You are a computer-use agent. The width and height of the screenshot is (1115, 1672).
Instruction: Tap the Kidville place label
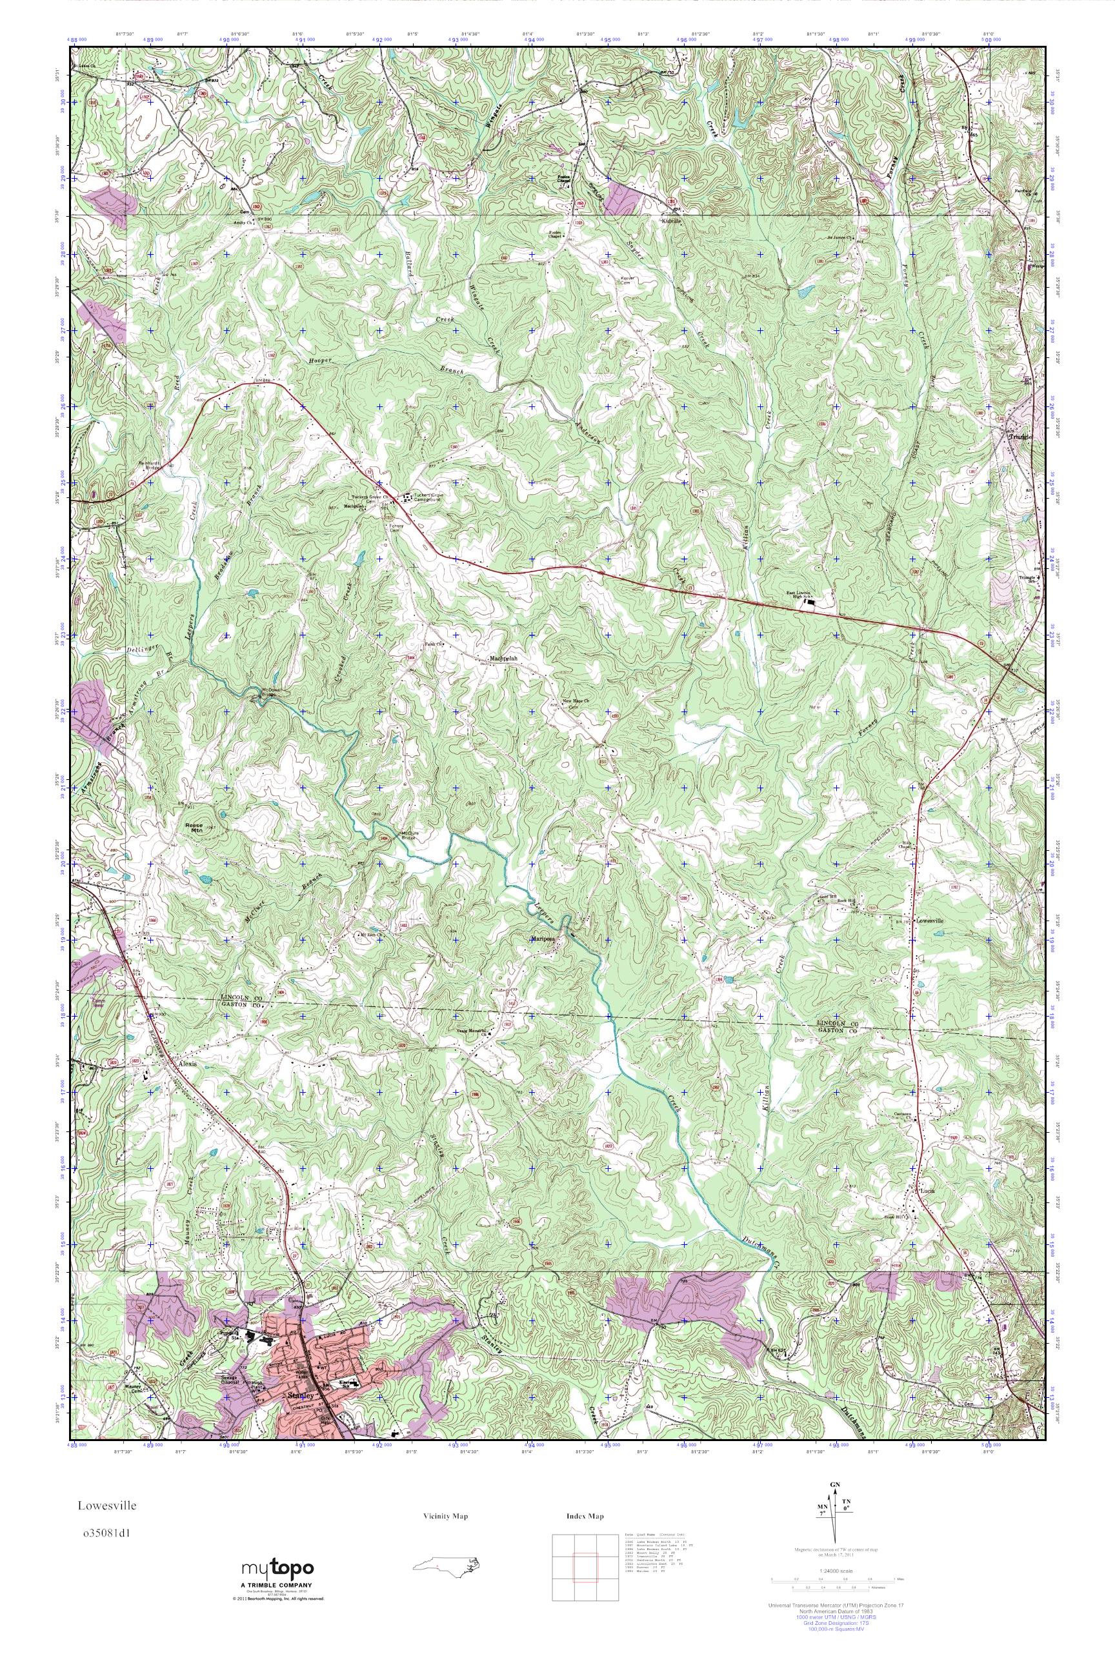tap(671, 222)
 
